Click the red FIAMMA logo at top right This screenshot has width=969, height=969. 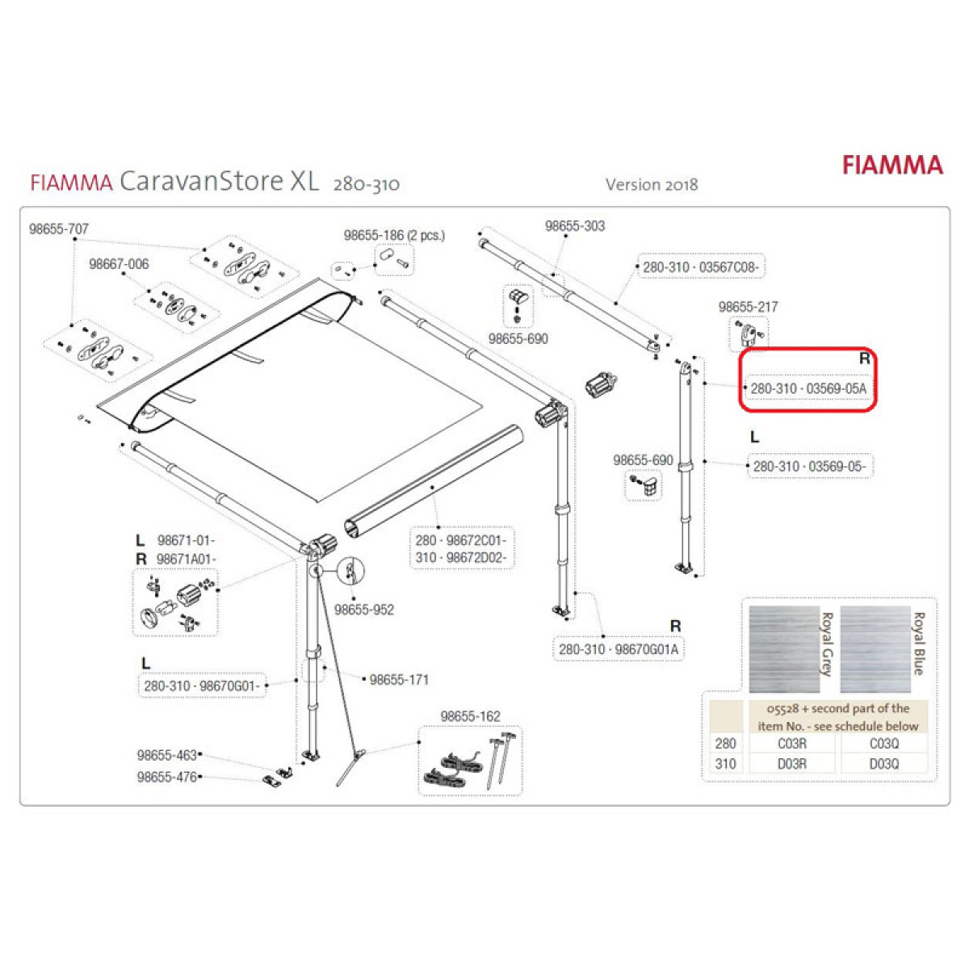coord(892,166)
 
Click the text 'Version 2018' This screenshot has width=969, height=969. coord(651,185)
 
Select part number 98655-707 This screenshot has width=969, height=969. coord(59,229)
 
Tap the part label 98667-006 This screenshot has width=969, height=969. coord(119,264)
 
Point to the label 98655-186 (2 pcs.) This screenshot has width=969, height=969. coord(394,235)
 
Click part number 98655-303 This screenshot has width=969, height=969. coord(575,226)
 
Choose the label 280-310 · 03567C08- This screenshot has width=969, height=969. coord(700,267)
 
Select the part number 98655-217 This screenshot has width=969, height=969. coord(748,307)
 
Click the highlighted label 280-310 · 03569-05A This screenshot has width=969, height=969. coord(808,388)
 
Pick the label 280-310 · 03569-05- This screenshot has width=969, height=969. coord(810,466)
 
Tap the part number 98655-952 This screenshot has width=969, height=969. coord(364,610)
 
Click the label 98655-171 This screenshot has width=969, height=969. coord(399,680)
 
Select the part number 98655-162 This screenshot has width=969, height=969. coord(470,716)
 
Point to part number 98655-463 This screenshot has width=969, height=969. coord(167,755)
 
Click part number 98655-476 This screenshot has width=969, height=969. coord(167,777)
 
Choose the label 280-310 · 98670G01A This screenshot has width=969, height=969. coord(619,649)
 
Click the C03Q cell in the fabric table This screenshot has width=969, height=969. coord(883,743)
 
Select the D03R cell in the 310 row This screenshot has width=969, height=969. coord(792,764)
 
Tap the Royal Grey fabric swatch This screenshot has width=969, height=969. coord(784,649)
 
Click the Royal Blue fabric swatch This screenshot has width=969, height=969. coord(875,649)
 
